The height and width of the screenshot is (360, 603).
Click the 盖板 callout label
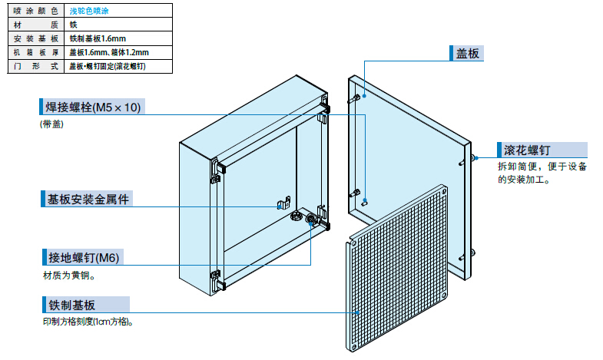(468, 52)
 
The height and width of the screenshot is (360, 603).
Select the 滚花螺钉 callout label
(526, 150)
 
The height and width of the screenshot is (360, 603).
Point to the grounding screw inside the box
(311, 220)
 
